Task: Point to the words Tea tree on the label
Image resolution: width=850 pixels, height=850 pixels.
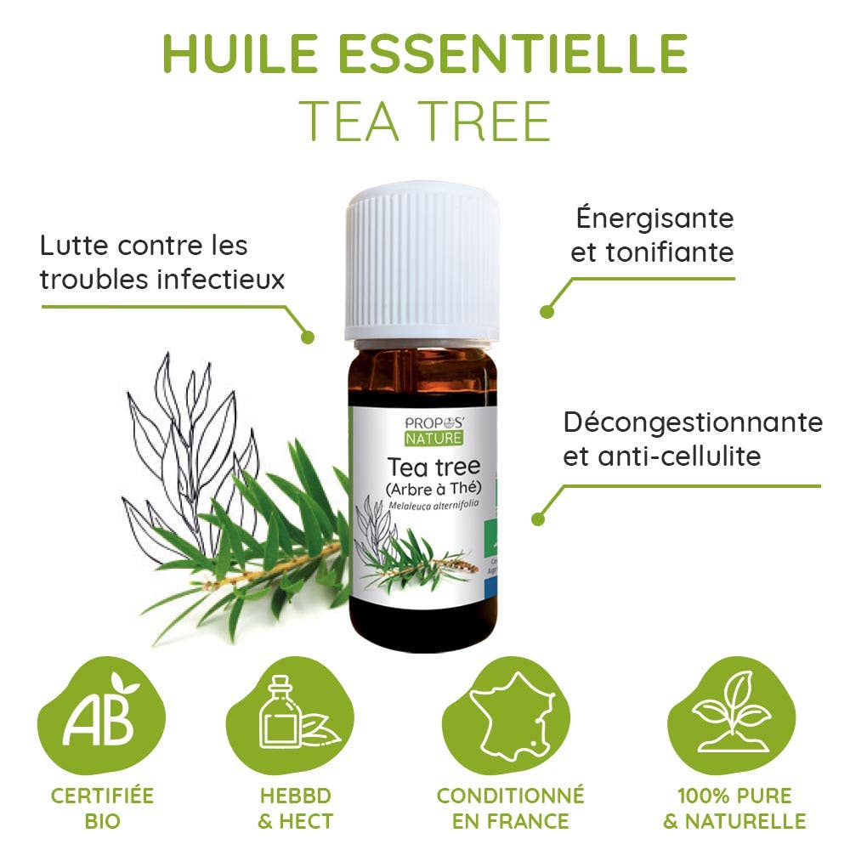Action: pyautogui.click(x=433, y=467)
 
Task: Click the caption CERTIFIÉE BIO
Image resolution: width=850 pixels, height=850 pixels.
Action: pyautogui.click(x=102, y=807)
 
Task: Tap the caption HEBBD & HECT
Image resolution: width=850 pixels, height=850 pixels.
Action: pyautogui.click(x=296, y=807)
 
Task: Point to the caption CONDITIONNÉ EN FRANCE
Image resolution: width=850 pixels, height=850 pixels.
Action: pyautogui.click(x=510, y=807)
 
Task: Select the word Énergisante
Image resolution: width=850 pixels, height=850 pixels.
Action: pyautogui.click(x=654, y=218)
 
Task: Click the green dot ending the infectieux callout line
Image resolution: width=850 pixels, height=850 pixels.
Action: pyautogui.click(x=308, y=337)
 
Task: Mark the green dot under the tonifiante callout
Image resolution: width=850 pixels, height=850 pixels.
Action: pyautogui.click(x=547, y=312)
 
